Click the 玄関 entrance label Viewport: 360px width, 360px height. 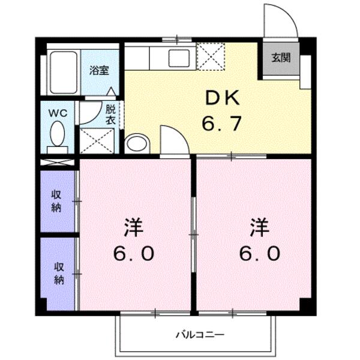280,59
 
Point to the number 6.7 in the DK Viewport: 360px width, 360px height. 221,124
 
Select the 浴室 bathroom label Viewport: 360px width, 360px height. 99,70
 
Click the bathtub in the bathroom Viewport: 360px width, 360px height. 63,73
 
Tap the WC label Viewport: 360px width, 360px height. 57,113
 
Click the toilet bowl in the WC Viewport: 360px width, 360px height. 58,134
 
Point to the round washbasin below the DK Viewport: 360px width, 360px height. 137,144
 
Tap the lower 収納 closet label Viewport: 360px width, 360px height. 59,274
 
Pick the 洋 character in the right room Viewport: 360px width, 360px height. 259,228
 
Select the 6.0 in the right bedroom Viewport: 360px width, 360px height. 259,254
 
